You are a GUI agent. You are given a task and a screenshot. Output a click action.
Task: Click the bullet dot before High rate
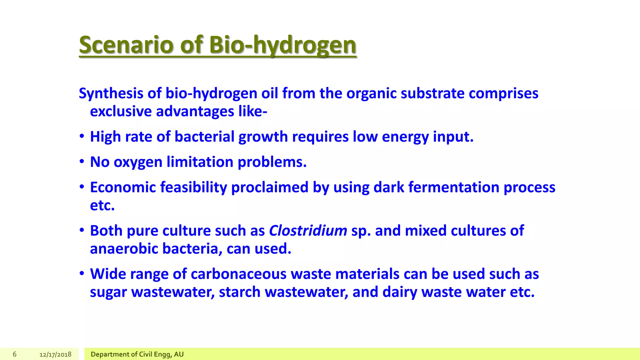(x=82, y=137)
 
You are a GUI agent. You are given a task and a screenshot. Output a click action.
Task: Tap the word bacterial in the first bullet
(x=204, y=137)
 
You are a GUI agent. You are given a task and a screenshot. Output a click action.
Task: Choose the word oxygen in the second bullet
(x=138, y=162)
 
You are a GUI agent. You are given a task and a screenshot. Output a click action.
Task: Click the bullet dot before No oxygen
(x=82, y=162)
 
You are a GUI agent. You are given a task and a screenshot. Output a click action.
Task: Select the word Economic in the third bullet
(x=123, y=187)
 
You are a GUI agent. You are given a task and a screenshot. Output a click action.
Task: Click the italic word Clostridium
(x=308, y=231)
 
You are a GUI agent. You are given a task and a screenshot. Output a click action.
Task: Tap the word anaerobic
(x=124, y=249)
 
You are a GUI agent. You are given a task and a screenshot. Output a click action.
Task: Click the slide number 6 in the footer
(x=14, y=354)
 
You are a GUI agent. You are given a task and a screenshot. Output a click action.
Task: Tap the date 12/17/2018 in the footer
(x=55, y=354)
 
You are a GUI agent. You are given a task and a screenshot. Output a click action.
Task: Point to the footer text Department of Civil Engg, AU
(x=137, y=354)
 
